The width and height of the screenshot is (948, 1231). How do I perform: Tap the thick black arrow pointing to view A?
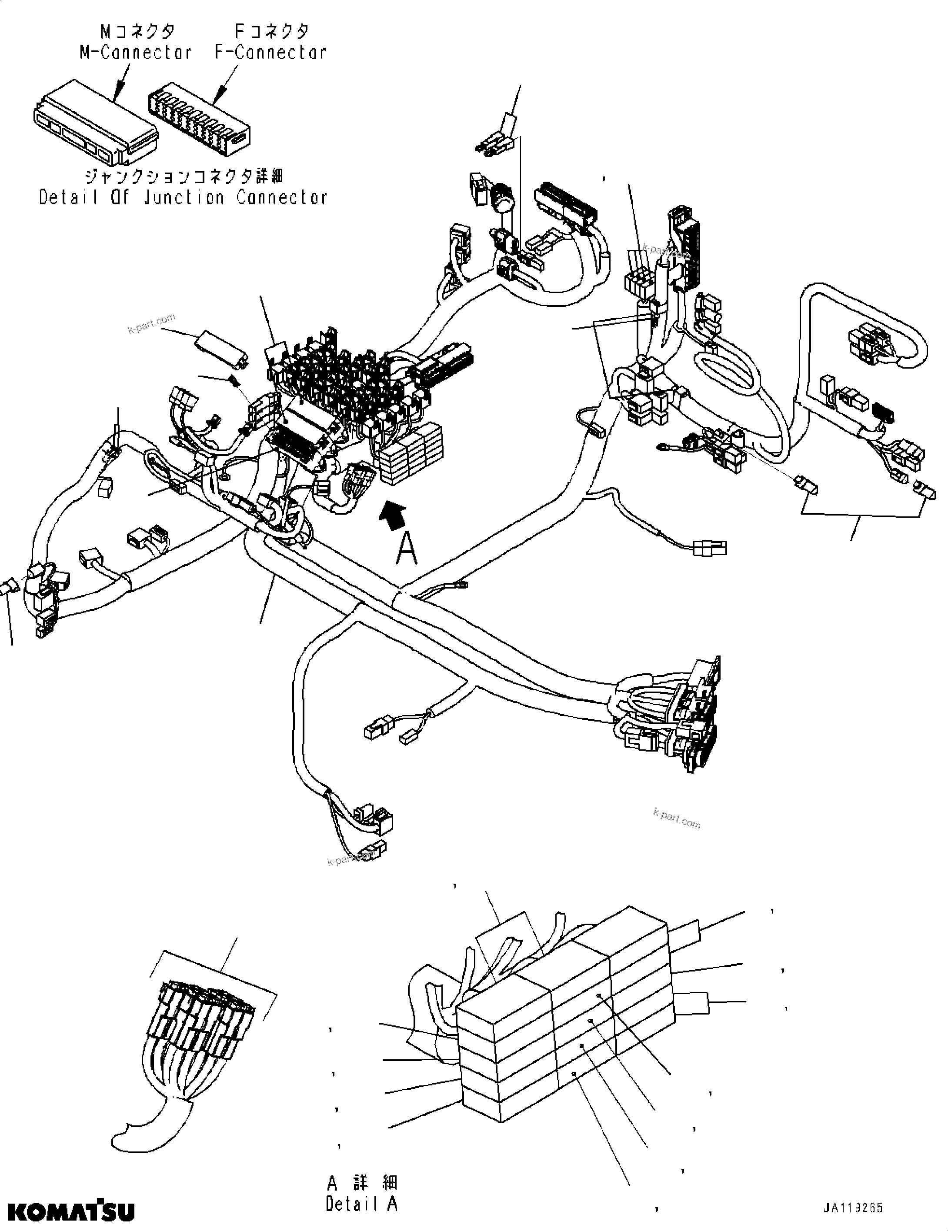pos(393,515)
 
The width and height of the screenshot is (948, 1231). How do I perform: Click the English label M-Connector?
pos(135,53)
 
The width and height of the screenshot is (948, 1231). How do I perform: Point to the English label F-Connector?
pos(270,53)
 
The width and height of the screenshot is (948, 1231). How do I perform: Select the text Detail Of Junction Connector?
pos(183,197)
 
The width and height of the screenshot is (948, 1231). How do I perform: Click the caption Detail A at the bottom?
pos(361,1204)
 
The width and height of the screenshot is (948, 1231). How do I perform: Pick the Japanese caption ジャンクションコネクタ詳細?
pos(183,176)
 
